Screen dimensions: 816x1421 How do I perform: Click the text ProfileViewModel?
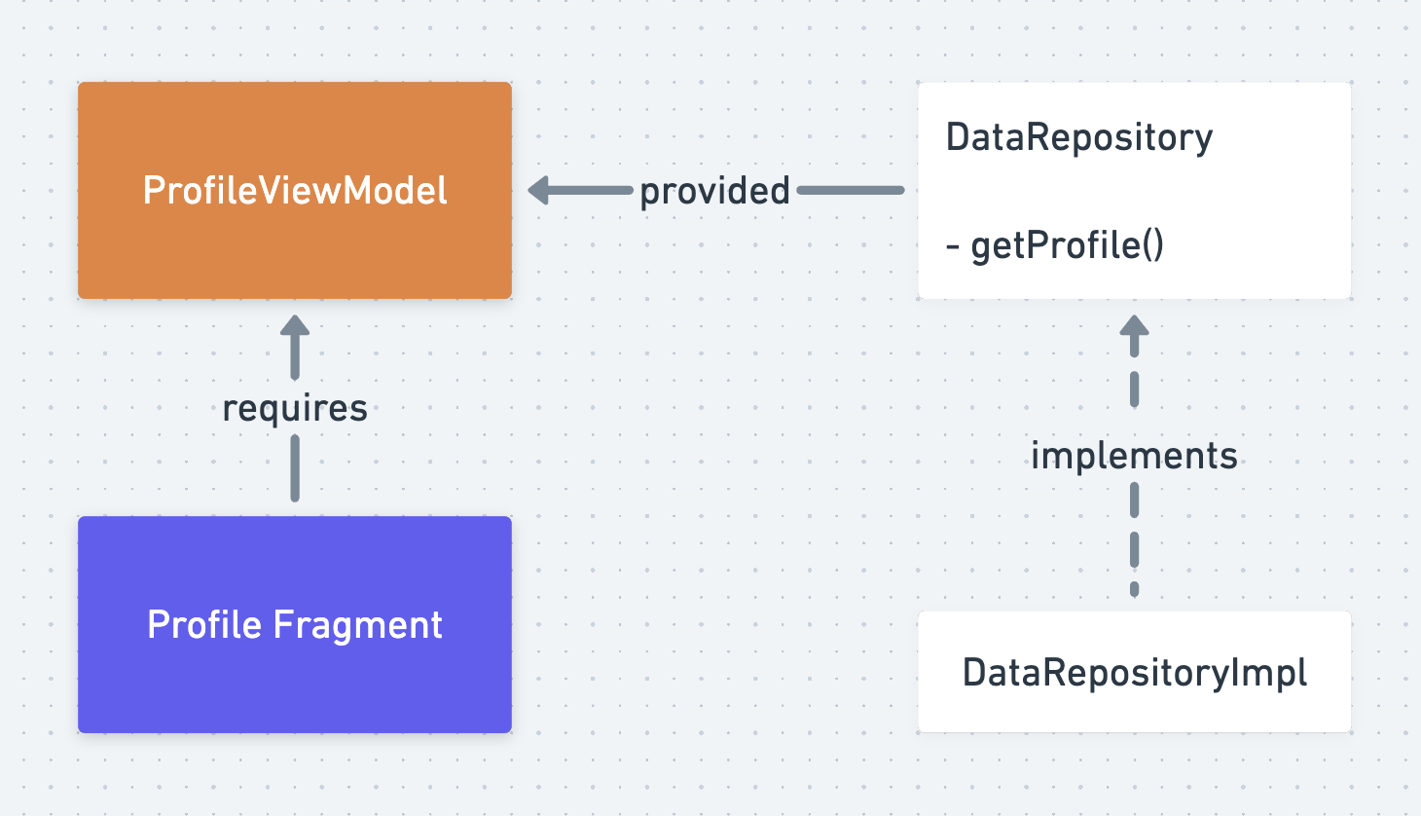pyautogui.click(x=295, y=191)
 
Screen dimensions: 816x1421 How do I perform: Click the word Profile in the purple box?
pyautogui.click(x=204, y=624)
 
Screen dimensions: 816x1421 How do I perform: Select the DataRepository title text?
pyautogui.click(x=1078, y=137)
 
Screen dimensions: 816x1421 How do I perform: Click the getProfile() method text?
pyautogui.click(x=1067, y=245)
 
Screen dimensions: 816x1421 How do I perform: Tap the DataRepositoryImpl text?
pyautogui.click(x=1134, y=673)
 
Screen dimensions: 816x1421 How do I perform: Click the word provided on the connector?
pyautogui.click(x=714, y=191)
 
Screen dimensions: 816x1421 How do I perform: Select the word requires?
pyautogui.click(x=295, y=408)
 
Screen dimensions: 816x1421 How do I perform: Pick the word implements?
pyautogui.click(x=1134, y=456)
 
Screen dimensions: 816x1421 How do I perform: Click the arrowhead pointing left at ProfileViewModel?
pyautogui.click(x=539, y=191)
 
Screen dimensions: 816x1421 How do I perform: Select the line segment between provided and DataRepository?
pyautogui.click(x=851, y=191)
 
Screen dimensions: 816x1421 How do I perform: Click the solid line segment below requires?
pyautogui.click(x=295, y=468)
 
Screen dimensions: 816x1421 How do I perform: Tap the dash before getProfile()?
pyautogui.click(x=952, y=247)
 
